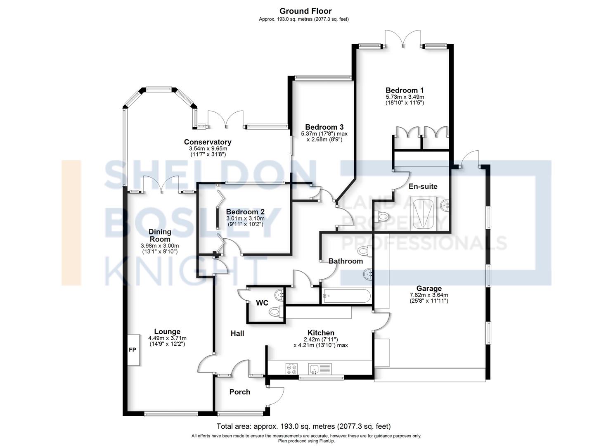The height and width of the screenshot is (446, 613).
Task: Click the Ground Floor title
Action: [305, 11]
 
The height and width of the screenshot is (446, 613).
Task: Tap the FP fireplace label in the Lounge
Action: [133, 350]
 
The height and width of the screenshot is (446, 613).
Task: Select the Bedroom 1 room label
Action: [405, 90]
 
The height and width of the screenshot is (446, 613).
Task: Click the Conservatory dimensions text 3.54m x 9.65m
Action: [208, 149]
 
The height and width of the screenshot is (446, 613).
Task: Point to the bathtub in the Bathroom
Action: [346, 296]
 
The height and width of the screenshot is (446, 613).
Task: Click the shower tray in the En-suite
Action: [424, 213]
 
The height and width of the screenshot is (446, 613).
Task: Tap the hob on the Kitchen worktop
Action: [291, 368]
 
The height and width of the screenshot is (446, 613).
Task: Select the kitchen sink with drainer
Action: [320, 368]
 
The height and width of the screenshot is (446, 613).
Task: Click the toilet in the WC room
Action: [275, 311]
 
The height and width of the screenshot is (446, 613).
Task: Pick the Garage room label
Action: [429, 288]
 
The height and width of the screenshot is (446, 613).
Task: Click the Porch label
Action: [240, 392]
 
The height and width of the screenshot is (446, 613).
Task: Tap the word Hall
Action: [237, 333]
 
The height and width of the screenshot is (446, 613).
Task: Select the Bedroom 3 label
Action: [324, 127]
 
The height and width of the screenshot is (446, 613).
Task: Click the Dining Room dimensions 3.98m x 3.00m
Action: [160, 246]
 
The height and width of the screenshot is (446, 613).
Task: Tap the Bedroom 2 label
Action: [245, 212]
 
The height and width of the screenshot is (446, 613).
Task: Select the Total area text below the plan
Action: [304, 426]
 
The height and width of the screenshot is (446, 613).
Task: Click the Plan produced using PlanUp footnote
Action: [306, 441]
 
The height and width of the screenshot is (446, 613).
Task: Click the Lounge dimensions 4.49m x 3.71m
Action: [167, 338]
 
